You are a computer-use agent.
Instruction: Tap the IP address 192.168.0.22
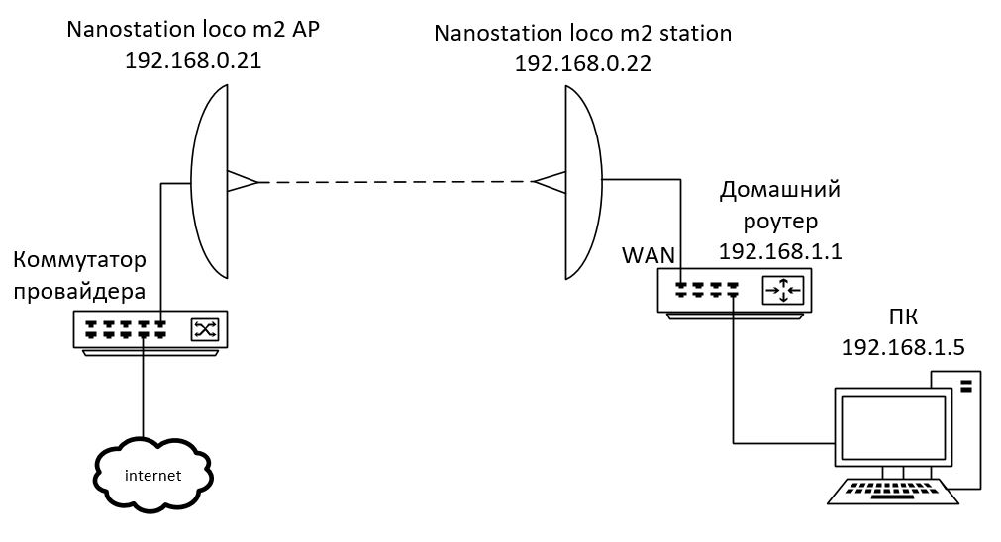click(583, 62)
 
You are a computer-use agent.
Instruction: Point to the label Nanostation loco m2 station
click(583, 33)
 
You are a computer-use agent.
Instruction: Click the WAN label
click(649, 254)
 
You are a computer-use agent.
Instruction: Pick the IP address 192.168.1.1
click(779, 250)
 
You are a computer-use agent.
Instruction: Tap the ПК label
click(903, 317)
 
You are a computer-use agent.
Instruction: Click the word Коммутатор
click(80, 260)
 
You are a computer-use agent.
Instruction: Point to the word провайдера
click(80, 292)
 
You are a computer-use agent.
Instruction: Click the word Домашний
click(779, 188)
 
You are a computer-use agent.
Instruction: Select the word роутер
click(779, 219)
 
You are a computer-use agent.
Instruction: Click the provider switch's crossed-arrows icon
click(208, 329)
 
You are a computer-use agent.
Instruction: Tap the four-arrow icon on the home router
click(782, 290)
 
